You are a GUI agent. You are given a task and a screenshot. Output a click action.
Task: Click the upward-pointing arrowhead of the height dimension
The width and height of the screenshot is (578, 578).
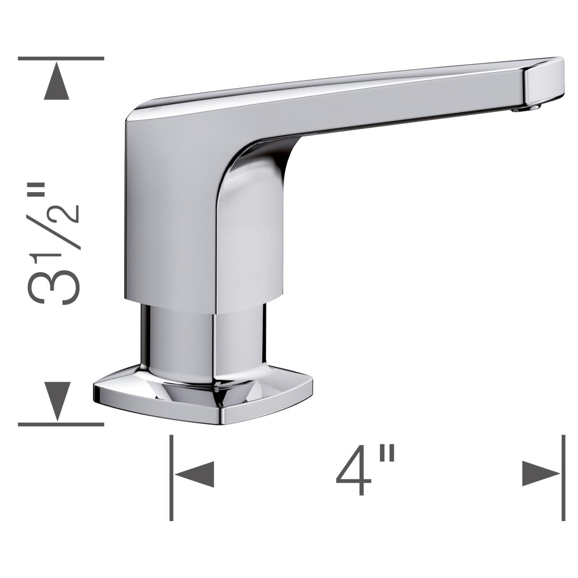pos(61,81)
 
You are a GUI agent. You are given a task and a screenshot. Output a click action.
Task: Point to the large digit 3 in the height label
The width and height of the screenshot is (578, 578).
pos(49,286)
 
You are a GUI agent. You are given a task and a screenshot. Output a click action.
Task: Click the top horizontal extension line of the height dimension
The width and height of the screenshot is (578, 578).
pos(61,58)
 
